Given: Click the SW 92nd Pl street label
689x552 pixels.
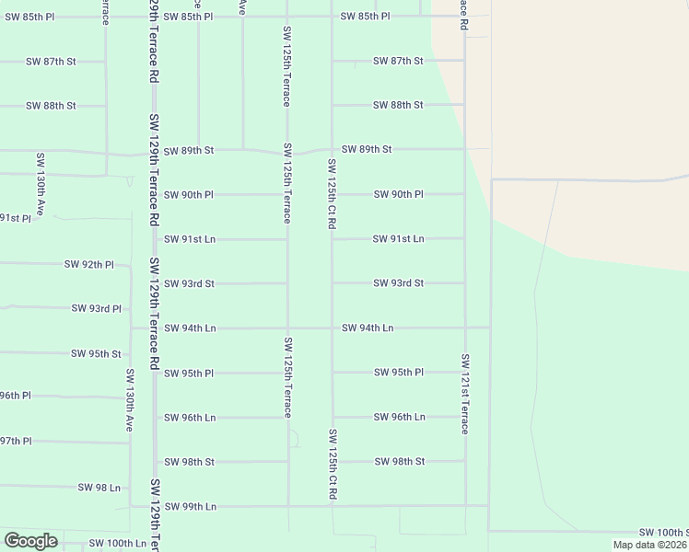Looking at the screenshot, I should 88,264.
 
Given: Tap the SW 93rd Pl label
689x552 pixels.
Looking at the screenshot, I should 96,308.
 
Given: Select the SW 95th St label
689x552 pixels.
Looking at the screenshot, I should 96,353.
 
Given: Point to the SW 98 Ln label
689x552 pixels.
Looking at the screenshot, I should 99,488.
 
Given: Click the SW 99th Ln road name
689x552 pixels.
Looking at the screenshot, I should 190,506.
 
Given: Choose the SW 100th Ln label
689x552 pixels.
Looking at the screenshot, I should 117,544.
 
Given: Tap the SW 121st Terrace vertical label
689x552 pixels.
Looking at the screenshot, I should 465,394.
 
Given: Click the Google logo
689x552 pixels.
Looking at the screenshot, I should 30,541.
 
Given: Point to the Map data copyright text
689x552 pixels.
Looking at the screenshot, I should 649,545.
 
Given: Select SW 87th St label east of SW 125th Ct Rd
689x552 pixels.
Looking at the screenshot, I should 398,61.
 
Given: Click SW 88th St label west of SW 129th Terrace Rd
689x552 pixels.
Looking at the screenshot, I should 51,106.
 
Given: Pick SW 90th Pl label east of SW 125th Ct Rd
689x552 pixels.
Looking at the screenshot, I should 398,194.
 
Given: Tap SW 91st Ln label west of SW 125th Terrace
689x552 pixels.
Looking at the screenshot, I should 190,239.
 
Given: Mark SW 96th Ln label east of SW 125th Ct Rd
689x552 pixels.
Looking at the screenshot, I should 399,417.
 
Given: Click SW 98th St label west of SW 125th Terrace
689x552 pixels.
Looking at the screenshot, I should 189,461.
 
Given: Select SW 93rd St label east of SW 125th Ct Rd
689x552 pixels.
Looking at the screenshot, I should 398,283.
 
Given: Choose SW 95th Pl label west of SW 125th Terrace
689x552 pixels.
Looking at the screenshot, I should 189,373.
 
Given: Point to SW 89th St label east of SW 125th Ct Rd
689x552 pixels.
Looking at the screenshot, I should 367,149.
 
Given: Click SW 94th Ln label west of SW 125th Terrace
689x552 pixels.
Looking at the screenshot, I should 190,328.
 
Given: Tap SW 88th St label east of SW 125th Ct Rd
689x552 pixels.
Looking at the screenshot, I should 398,105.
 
